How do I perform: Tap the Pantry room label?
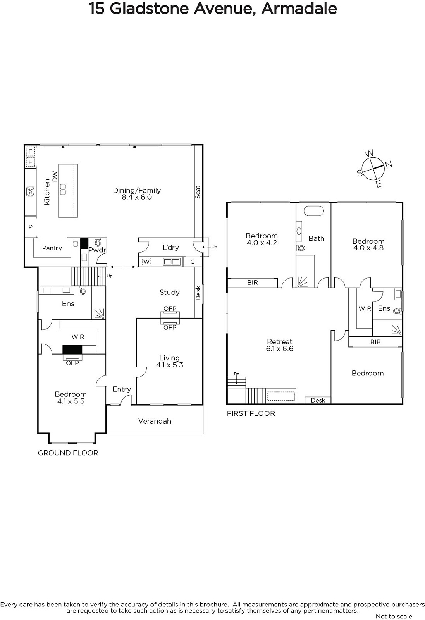tap(52, 248)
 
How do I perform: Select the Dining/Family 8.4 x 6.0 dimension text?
tap(137, 197)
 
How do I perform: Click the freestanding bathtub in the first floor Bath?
tap(313, 211)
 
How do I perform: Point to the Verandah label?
tap(155, 421)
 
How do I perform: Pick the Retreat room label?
tap(279, 341)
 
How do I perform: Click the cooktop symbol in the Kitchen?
tap(31, 191)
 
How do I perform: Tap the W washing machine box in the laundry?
tap(146, 262)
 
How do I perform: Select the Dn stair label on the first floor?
tap(237, 374)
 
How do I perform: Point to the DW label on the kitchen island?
tap(55, 176)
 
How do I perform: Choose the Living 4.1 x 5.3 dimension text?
tap(170, 365)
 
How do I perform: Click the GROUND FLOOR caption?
tap(68, 453)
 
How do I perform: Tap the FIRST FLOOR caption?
tap(251, 413)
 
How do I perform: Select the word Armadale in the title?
tap(299, 9)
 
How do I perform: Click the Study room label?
tap(170, 292)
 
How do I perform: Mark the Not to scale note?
tap(394, 616)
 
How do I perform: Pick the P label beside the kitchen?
tap(31, 227)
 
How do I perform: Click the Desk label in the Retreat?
tap(318, 400)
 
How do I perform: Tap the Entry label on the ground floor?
tap(122, 389)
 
